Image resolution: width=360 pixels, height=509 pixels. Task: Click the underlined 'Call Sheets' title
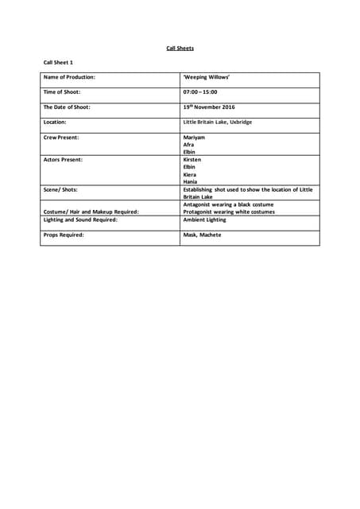(180, 49)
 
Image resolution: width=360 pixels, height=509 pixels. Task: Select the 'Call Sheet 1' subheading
(58, 62)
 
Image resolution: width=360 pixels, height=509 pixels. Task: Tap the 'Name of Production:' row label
(69, 77)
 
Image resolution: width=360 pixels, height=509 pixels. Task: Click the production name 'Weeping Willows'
(207, 77)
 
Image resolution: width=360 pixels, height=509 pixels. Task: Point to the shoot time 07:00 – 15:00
(200, 92)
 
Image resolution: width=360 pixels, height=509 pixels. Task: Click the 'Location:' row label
(55, 122)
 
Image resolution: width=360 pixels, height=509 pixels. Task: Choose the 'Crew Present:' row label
(61, 138)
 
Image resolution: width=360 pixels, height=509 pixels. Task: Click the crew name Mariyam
(195, 138)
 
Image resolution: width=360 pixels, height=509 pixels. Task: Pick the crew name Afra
(188, 145)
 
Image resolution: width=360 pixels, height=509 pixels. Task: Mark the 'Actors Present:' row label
(63, 160)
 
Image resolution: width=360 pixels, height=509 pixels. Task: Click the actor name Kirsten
(192, 160)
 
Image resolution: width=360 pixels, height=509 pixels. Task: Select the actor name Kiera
(190, 174)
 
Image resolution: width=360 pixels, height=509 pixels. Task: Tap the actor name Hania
(190, 181)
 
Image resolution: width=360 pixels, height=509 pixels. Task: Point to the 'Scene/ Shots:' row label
(60, 190)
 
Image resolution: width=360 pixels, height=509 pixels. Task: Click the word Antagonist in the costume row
(199, 204)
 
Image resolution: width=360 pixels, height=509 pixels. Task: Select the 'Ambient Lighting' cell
(204, 220)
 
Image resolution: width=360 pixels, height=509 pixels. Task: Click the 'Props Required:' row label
(63, 235)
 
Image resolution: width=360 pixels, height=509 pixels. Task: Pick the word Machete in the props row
(211, 235)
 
